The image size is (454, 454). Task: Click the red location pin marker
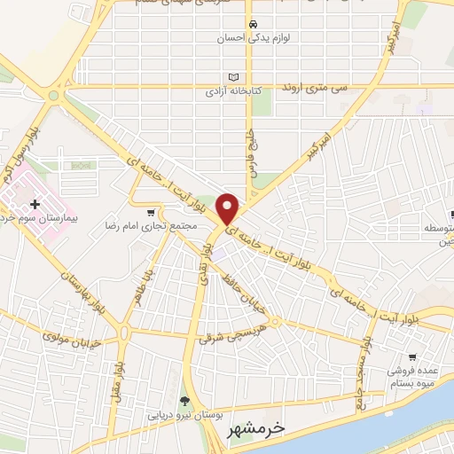pyautogui.click(x=228, y=207)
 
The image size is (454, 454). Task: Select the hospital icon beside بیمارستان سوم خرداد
pyautogui.click(x=35, y=205)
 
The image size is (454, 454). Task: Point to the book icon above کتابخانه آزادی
pyautogui.click(x=233, y=77)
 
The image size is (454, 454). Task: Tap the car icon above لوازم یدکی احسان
pyautogui.click(x=254, y=24)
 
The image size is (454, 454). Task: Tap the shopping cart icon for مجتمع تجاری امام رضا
pyautogui.click(x=152, y=212)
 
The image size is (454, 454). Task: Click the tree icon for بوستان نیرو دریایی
pyautogui.click(x=185, y=401)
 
